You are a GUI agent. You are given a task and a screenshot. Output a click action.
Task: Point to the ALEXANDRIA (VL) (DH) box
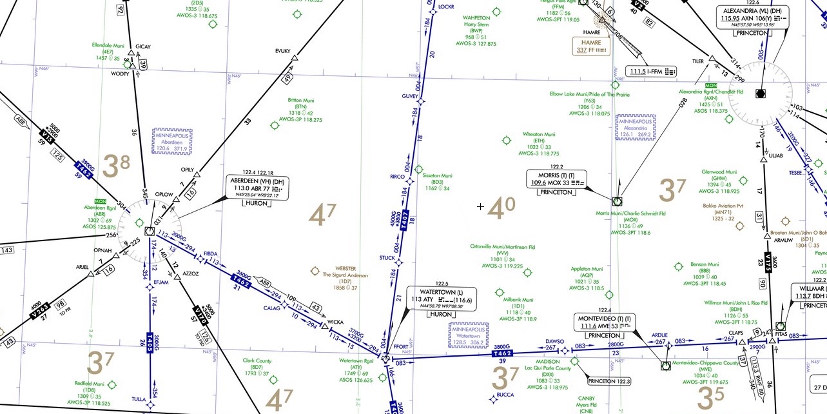tap(752, 21)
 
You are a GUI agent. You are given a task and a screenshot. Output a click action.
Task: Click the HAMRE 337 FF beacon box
tap(591, 45)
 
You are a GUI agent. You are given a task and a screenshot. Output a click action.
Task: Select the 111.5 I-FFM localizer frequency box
tap(651, 70)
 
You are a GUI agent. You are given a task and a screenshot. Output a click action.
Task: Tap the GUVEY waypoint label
tap(410, 96)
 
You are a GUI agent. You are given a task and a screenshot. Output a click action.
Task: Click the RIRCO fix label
tap(397, 176)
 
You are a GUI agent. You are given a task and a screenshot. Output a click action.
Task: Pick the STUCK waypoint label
tap(387, 258)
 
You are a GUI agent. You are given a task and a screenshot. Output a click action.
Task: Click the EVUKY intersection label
tap(283, 50)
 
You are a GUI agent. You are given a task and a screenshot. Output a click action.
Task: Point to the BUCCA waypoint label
tap(505, 395)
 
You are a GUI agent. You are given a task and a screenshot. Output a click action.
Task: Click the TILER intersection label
tap(698, 61)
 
